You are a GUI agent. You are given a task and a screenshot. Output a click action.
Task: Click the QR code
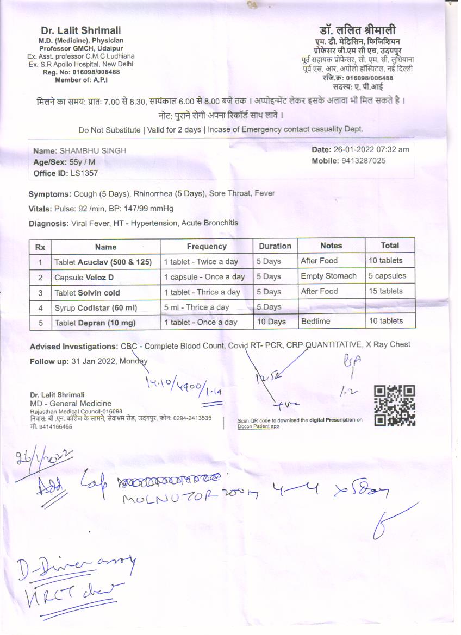click(x=395, y=405)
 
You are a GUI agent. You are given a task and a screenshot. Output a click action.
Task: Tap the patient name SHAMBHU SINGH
click(x=92, y=150)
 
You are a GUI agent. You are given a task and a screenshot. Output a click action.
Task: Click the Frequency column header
click(x=207, y=247)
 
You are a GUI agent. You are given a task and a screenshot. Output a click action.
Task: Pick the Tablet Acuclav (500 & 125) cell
click(x=103, y=262)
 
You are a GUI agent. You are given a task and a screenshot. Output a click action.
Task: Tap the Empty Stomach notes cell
click(x=328, y=276)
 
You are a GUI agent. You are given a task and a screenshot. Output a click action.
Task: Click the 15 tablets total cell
click(x=385, y=291)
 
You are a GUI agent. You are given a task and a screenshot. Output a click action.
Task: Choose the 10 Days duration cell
click(x=271, y=322)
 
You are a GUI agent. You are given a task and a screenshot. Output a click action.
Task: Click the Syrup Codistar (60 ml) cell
click(x=96, y=307)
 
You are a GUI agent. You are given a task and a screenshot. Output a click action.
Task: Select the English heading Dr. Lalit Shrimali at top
click(x=81, y=30)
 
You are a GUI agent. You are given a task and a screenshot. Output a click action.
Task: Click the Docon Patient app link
click(x=258, y=426)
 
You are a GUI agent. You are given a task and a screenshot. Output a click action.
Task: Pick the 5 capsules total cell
click(x=387, y=276)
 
